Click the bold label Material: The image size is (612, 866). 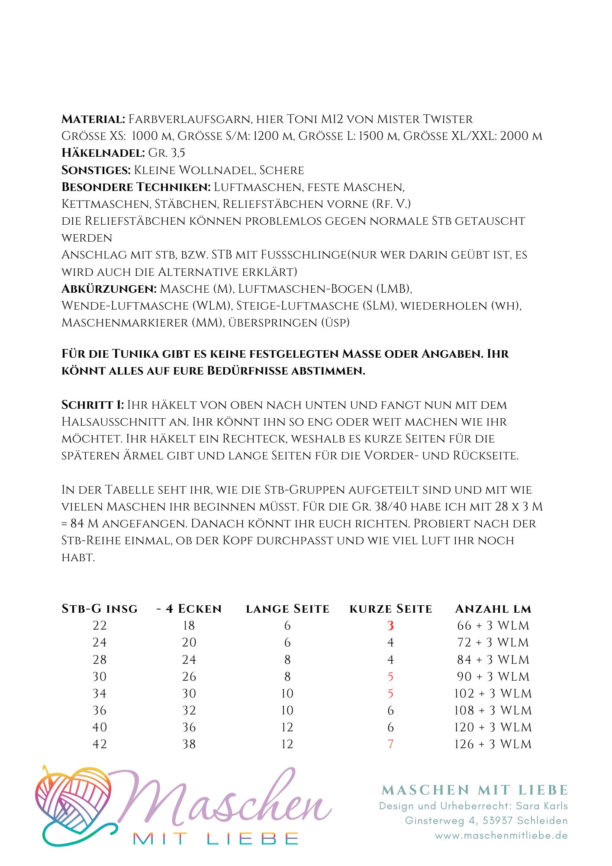tap(93, 119)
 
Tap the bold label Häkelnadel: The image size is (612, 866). tap(103, 153)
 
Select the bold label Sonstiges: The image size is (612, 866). tap(96, 170)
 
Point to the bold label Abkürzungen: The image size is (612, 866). tap(109, 289)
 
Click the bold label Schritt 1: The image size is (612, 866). tap(93, 405)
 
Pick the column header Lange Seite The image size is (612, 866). tap(287, 609)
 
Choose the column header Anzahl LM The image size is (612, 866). tap(493, 609)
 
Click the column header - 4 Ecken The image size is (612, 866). tap(189, 609)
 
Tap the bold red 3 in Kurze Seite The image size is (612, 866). tap(390, 626)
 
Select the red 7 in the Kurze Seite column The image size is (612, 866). tap(390, 744)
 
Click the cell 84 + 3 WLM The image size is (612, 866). tap(493, 660)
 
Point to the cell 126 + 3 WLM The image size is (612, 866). tap(493, 744)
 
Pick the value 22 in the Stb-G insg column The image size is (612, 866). tap(100, 626)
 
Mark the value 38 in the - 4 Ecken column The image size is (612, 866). tap(189, 744)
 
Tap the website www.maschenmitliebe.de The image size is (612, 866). tap(501, 836)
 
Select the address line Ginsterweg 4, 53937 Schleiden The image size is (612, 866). tap(486, 821)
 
